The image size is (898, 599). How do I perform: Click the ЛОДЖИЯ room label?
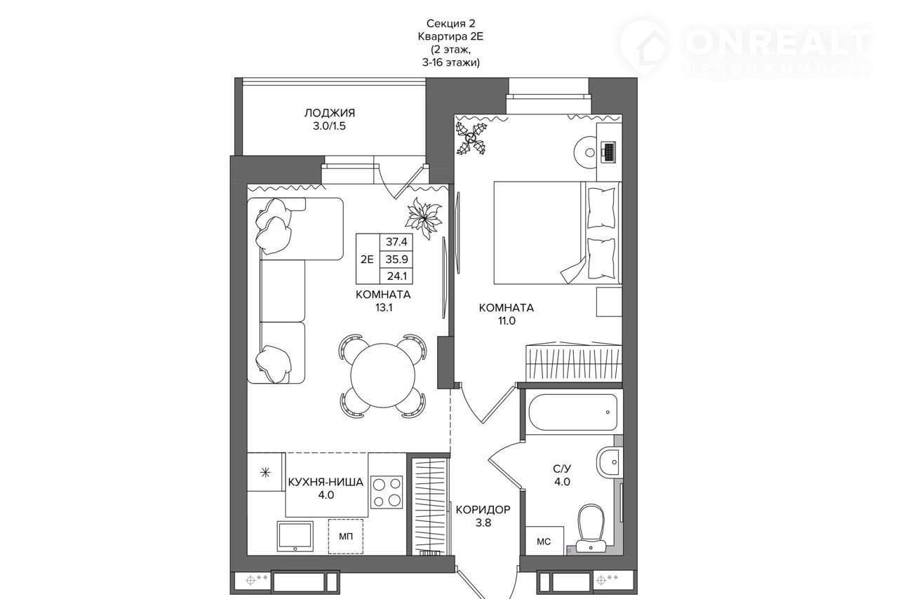click(x=330, y=113)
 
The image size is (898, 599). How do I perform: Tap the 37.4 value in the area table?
click(x=396, y=242)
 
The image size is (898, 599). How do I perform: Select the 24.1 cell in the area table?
click(x=396, y=276)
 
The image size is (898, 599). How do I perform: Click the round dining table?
click(x=383, y=376)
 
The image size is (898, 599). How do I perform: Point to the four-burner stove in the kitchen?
click(x=387, y=492)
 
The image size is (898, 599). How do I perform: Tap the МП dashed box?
click(x=346, y=537)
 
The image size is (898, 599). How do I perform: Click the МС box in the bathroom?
click(x=544, y=541)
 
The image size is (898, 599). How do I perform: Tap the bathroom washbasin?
click(x=608, y=462)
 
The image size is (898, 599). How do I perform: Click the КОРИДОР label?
click(x=483, y=510)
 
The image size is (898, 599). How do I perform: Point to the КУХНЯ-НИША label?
click(x=326, y=482)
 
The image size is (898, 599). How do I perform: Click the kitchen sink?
click(x=295, y=537)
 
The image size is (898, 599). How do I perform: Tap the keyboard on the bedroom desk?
click(x=609, y=152)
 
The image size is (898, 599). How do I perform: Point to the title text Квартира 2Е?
click(x=450, y=36)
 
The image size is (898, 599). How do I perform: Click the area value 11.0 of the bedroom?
click(x=507, y=321)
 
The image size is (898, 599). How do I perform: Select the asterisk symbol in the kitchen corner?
click(x=265, y=473)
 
